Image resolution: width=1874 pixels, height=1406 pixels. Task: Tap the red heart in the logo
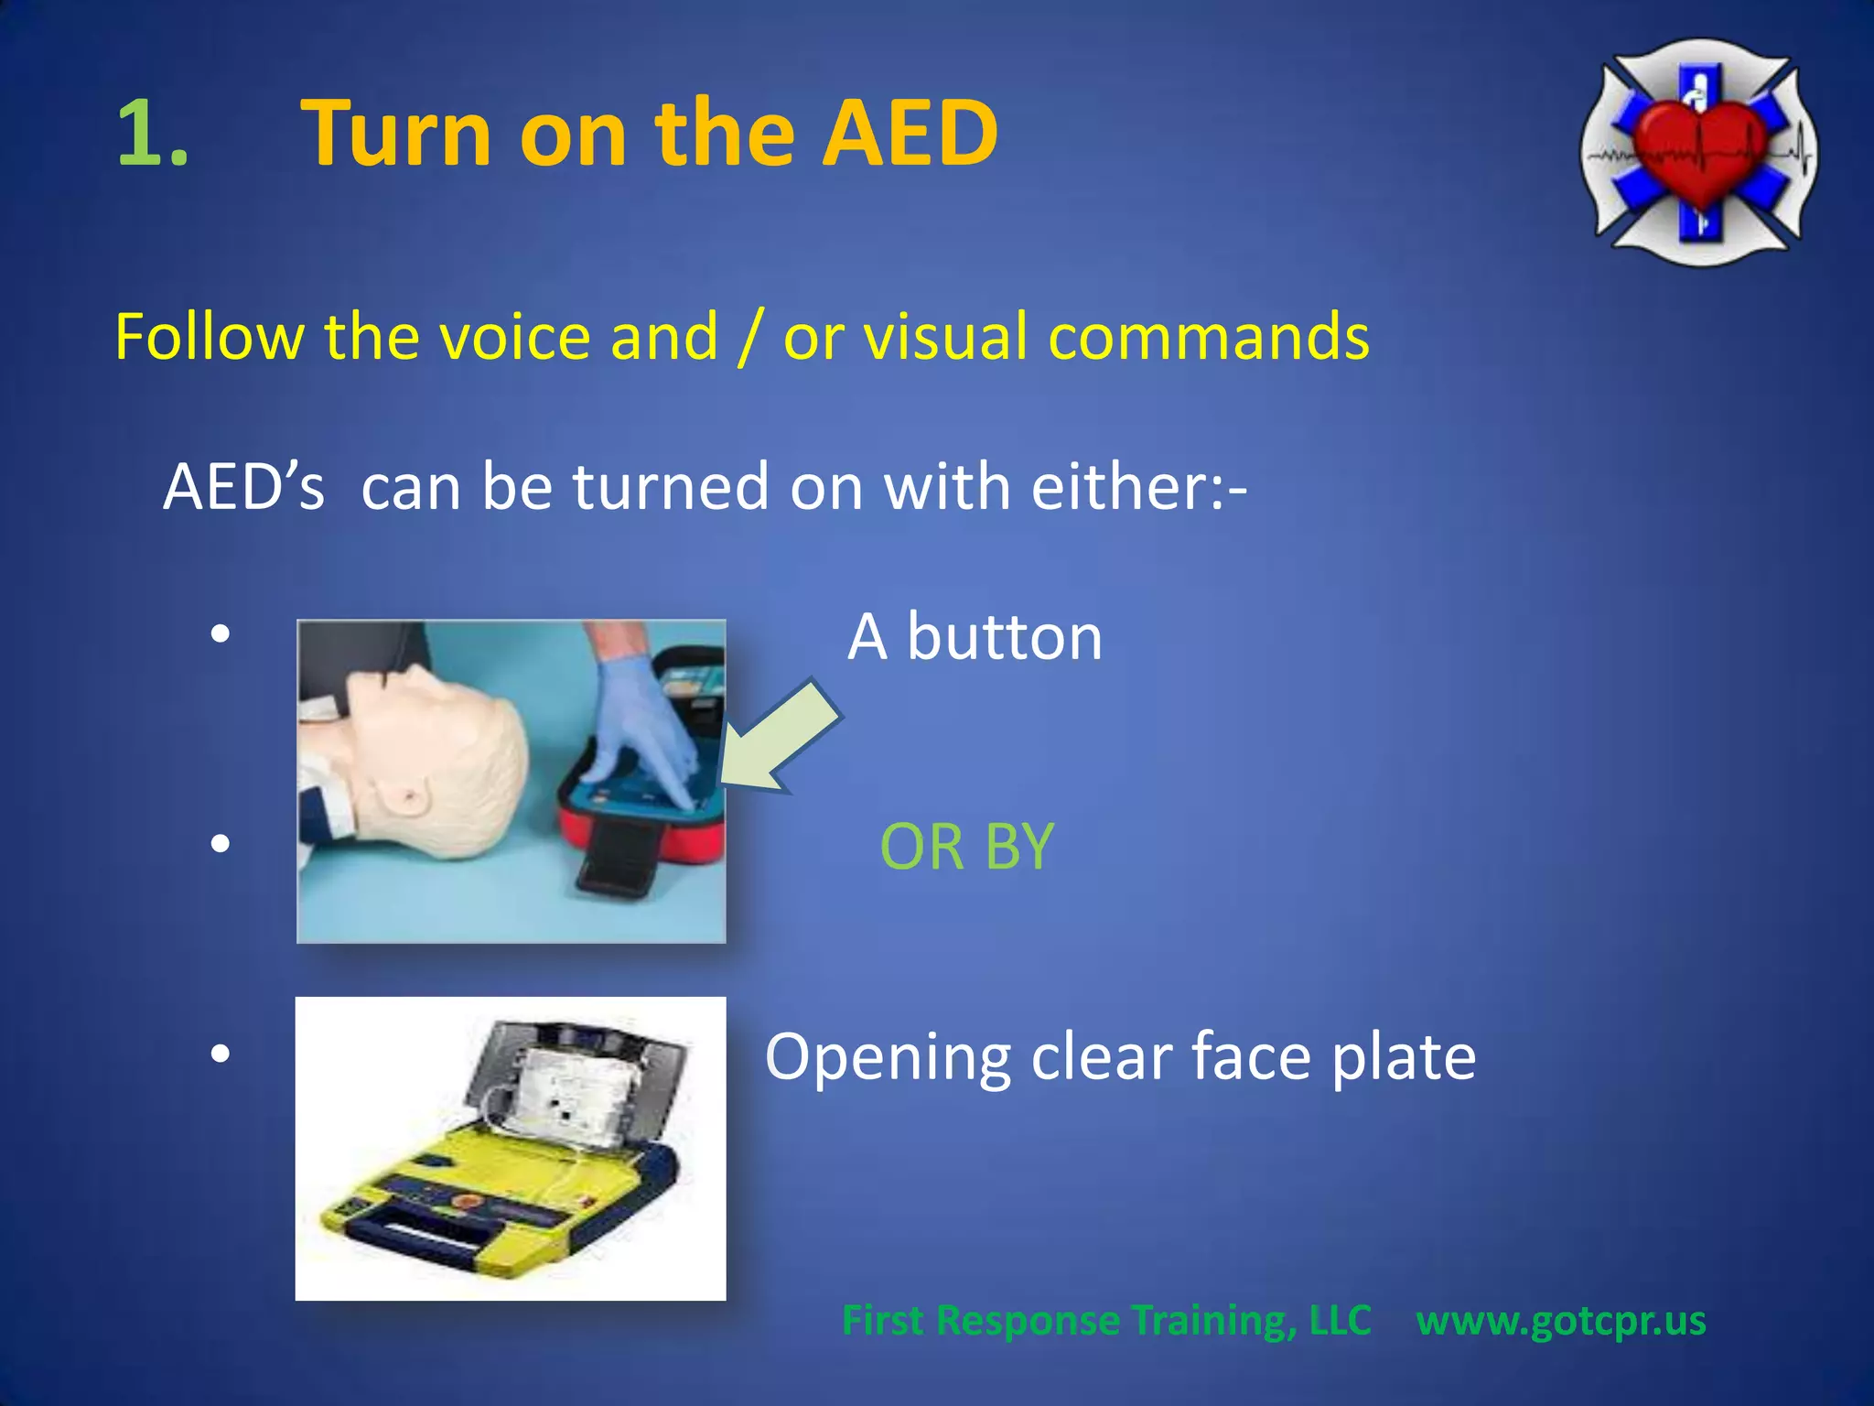coord(1699,151)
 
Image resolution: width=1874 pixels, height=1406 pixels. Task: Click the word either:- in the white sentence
coord(1138,486)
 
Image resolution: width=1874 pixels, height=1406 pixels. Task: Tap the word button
coord(1004,637)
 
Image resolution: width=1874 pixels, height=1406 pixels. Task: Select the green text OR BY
coord(966,847)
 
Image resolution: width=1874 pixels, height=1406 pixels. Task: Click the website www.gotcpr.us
coord(1560,1321)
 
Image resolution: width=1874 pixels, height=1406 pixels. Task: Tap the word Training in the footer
coord(1212,1321)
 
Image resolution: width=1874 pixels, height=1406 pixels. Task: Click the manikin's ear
coord(408,795)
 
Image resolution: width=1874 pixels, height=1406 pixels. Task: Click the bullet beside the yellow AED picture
coord(220,1054)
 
